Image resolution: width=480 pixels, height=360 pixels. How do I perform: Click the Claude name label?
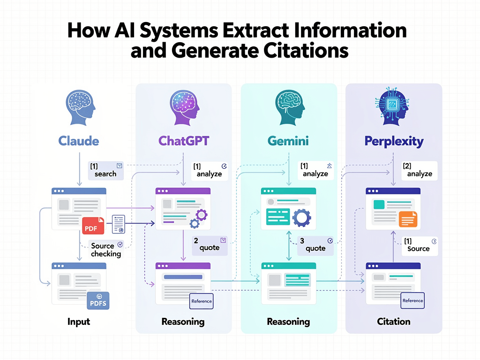pos(79,141)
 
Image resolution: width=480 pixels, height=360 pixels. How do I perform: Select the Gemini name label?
pos(288,141)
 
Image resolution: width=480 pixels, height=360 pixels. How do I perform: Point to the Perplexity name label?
pos(394,141)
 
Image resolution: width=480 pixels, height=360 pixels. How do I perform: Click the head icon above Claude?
pos(79,107)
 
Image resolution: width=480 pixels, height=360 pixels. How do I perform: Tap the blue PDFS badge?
pos(98,300)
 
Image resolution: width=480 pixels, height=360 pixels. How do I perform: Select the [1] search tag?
pos(106,170)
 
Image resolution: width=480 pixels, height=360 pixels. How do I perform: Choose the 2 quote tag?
pos(210,244)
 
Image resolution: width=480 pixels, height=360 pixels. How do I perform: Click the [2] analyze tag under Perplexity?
pos(419,170)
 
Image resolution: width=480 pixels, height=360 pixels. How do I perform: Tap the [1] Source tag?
pos(419,245)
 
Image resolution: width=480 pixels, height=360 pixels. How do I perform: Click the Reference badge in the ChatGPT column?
pos(202,301)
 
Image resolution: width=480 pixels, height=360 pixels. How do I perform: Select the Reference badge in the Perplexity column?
pos(412,300)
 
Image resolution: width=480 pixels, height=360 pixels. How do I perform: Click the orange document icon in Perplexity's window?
pos(407,218)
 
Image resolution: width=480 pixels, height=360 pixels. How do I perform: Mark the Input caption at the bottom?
pos(78,322)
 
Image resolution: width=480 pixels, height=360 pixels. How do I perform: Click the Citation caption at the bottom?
pos(394,322)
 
